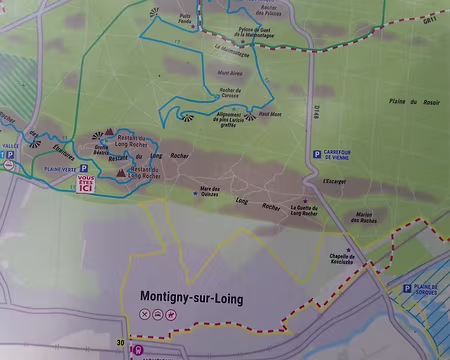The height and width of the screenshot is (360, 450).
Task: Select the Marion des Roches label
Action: (372, 220)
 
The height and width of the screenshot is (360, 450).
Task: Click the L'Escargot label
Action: (335, 182)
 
